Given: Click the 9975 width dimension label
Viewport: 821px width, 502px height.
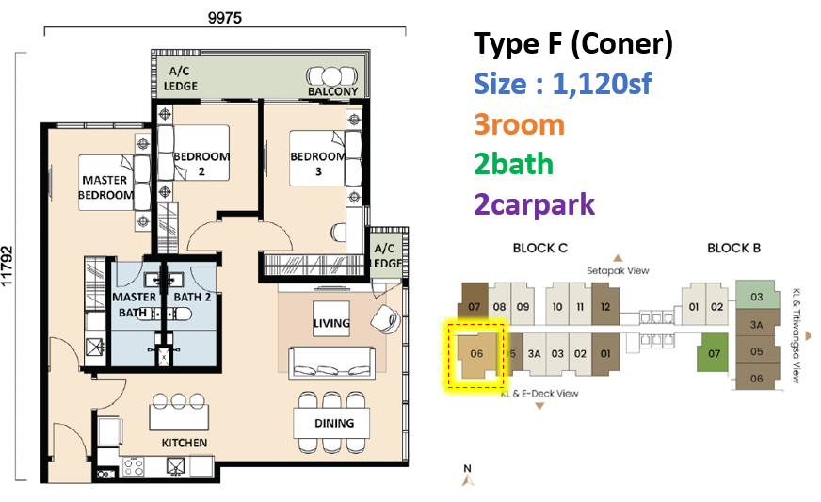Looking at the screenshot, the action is click(x=225, y=18).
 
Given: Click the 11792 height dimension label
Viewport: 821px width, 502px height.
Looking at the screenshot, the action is click(x=7, y=267).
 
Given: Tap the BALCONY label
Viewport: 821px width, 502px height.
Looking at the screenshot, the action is click(x=332, y=91).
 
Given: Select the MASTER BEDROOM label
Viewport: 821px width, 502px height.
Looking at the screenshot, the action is click(x=105, y=187).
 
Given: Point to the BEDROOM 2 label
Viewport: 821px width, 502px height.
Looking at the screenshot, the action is click(x=201, y=164).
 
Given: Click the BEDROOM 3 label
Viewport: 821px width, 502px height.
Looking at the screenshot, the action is click(x=318, y=164).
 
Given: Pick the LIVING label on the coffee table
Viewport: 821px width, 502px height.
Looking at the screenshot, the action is click(x=331, y=323).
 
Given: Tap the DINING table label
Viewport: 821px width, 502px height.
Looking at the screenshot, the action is click(x=334, y=423).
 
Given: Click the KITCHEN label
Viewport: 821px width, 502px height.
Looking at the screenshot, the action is click(x=185, y=443).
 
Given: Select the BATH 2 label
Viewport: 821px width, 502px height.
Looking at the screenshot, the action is click(x=192, y=297).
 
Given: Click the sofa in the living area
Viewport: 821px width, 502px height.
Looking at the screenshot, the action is click(x=331, y=362).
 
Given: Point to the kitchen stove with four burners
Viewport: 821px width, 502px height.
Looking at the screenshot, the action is click(x=133, y=466).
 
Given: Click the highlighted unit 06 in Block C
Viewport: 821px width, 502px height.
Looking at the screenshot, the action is click(x=476, y=355).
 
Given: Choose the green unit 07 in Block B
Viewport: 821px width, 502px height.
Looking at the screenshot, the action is click(x=713, y=352).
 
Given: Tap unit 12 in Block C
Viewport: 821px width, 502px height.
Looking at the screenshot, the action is click(x=605, y=305).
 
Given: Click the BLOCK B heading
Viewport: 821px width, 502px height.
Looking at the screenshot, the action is click(x=733, y=248).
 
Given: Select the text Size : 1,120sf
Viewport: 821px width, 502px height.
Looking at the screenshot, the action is click(x=563, y=84).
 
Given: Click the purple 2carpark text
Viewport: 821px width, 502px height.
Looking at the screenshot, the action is click(x=534, y=204).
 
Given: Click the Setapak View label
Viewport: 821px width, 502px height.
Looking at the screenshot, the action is click(x=618, y=271).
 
